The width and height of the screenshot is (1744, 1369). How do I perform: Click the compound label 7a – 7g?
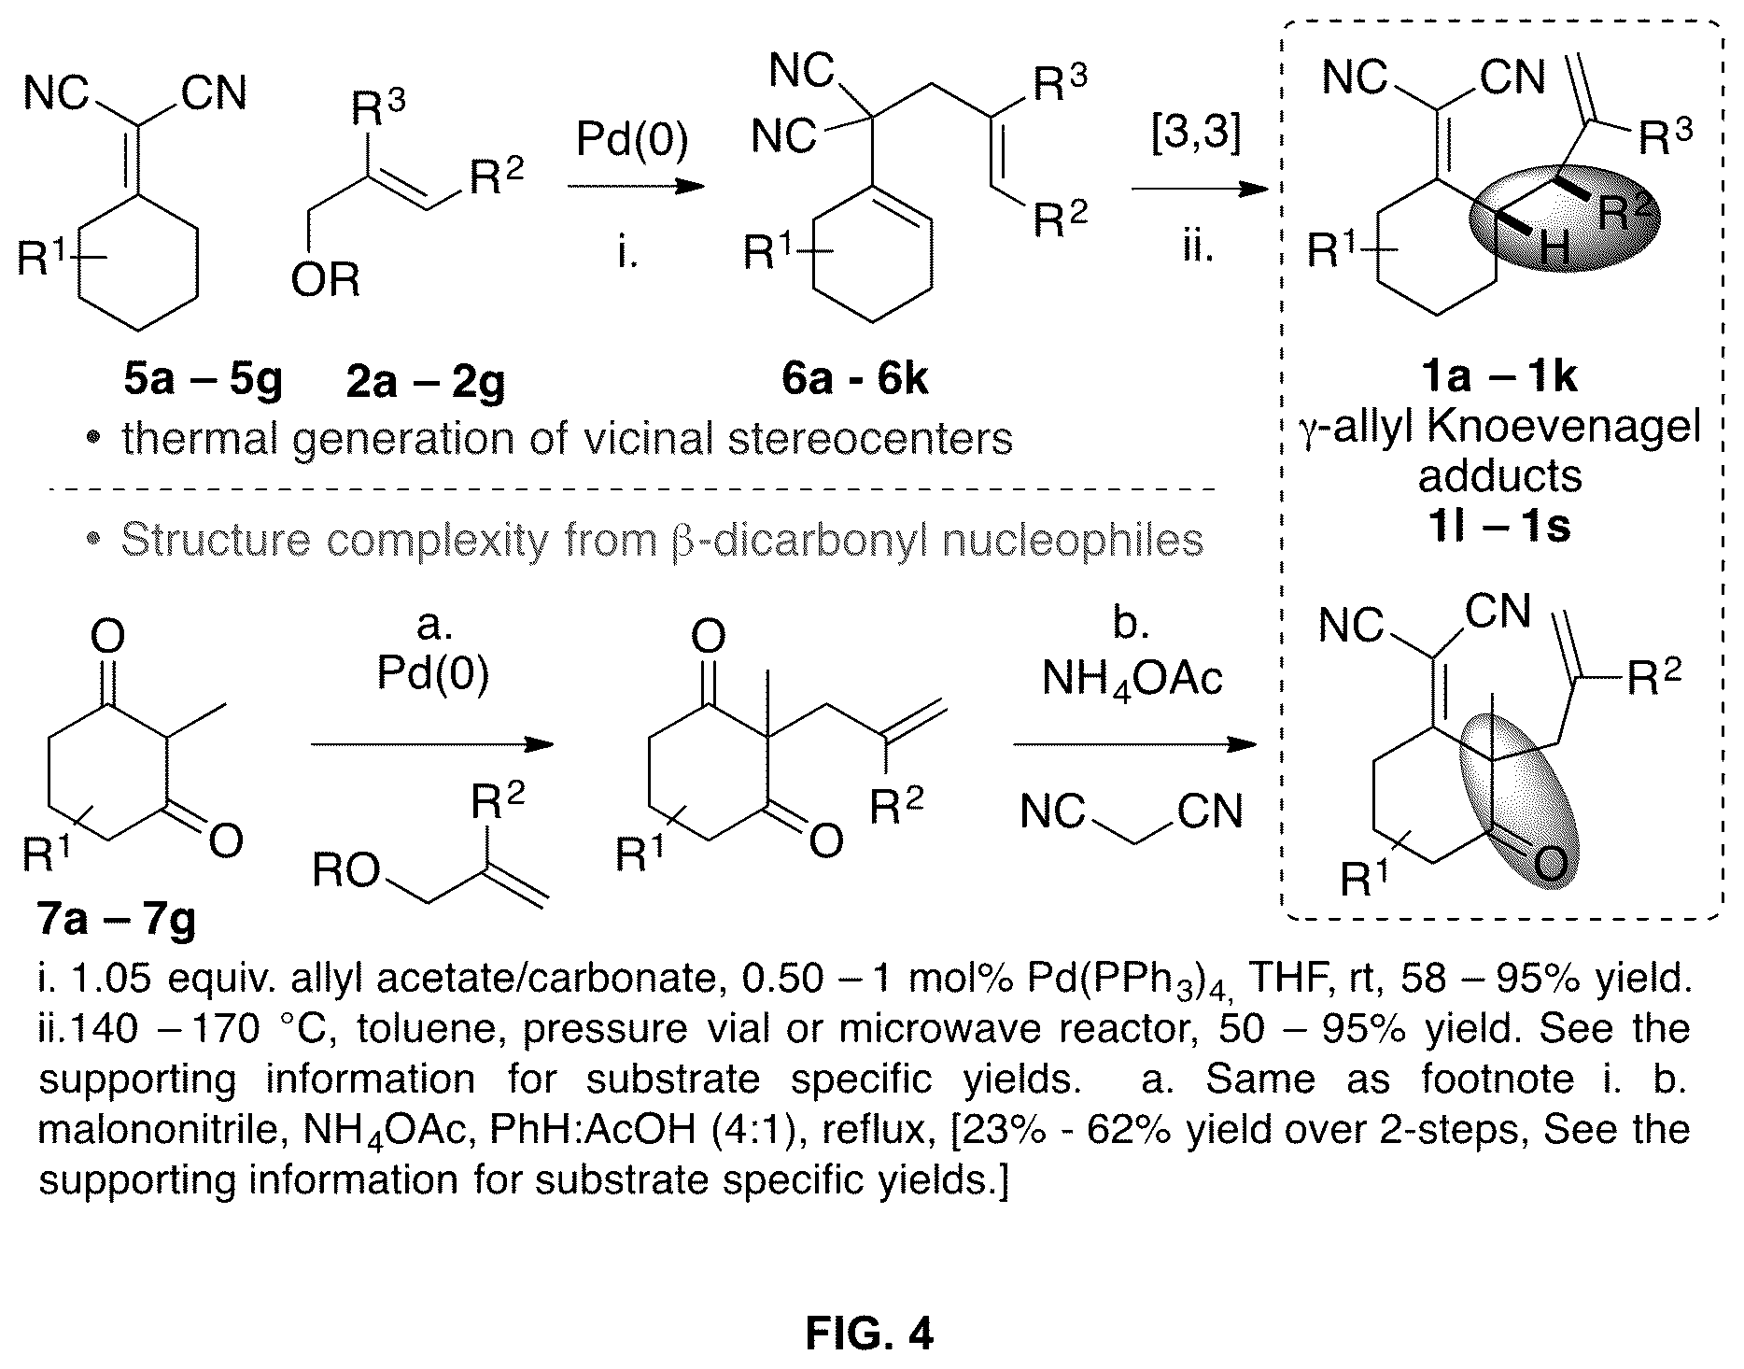117,920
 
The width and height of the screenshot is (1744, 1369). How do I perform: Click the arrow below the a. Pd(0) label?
432,744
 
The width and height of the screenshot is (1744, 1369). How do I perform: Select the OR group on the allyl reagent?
325,279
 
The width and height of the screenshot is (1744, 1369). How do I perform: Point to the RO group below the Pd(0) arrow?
346,871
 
